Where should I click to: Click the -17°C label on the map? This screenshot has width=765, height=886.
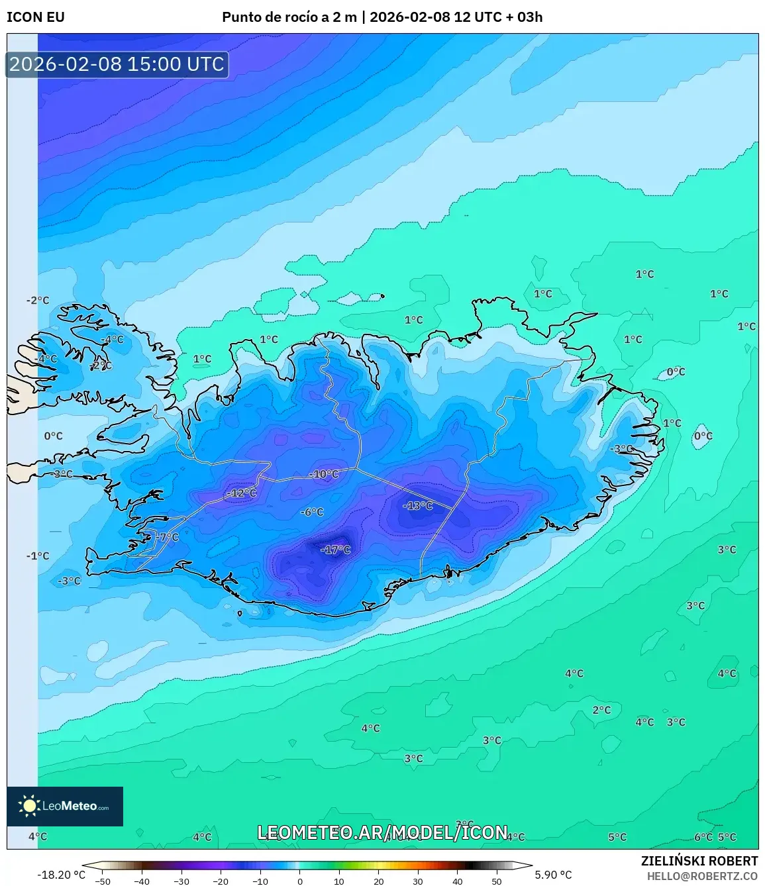(335, 550)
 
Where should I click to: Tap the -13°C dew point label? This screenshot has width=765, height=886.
(418, 506)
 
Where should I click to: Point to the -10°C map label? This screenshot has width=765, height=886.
(324, 474)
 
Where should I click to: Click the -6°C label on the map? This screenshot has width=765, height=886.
(312, 512)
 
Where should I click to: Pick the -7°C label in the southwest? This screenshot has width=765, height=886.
(168, 537)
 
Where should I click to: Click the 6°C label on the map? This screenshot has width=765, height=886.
(703, 837)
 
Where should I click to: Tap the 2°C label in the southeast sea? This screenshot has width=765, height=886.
(601, 710)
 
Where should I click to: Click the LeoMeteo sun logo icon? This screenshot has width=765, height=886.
(29, 806)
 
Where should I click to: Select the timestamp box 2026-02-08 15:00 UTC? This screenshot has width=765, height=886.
(117, 64)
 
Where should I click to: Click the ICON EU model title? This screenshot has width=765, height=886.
(36, 17)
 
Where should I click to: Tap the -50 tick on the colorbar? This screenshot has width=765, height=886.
(103, 881)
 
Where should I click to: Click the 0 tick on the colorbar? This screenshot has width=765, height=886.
(300, 881)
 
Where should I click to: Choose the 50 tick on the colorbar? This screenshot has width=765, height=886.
(497, 881)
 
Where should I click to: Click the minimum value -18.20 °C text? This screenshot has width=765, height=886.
(62, 875)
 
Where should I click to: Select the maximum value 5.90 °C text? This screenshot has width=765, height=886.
(553, 875)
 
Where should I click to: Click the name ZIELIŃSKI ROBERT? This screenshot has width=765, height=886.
(699, 861)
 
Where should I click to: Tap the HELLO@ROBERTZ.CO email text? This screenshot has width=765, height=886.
(702, 876)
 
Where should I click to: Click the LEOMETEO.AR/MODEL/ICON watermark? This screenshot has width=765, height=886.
(383, 832)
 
